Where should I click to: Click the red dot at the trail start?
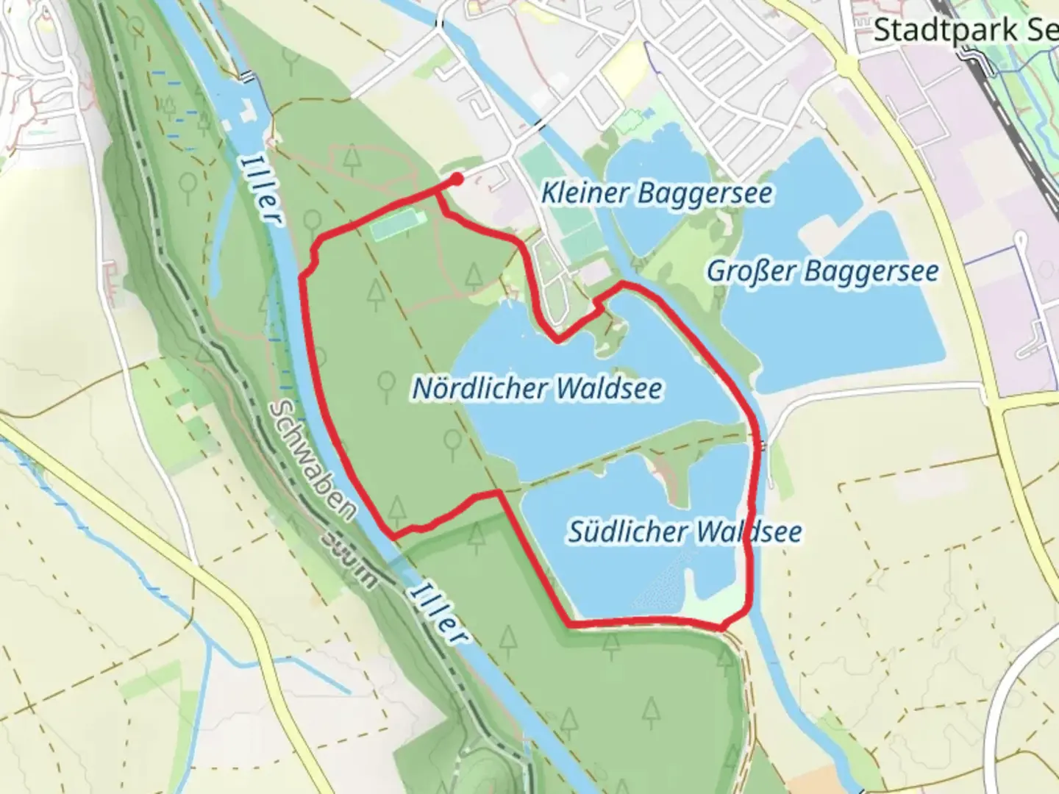point(457,179)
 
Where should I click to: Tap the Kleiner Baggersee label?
point(657,193)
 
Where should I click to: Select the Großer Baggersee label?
point(822,271)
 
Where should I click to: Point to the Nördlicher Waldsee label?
point(537,388)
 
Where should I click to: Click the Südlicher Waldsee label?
point(684,531)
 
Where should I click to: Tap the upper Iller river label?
point(262,188)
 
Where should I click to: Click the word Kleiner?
point(585,193)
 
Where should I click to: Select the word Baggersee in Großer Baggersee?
point(871,271)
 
